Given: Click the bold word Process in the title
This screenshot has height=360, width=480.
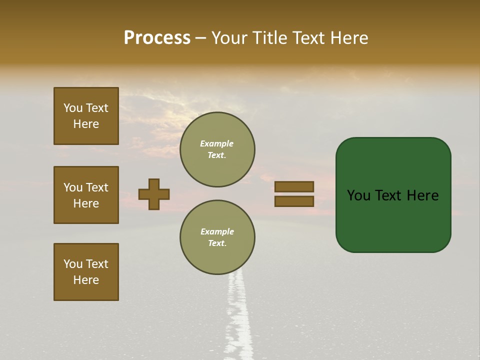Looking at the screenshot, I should pos(157,38).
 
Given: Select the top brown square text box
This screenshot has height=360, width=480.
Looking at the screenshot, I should pos(86,116).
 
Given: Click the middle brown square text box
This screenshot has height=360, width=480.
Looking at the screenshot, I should pos(86,195).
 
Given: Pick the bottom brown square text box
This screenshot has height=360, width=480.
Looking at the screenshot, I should pos(86,272).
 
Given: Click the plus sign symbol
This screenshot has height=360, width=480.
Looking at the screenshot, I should pos(154,194).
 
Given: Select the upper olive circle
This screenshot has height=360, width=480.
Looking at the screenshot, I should pos(217,149).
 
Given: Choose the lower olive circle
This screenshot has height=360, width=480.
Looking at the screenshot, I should pos(217,237).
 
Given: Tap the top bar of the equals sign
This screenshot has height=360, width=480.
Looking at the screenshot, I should pos(294,186).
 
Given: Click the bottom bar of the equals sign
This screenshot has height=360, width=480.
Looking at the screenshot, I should pos(294,201).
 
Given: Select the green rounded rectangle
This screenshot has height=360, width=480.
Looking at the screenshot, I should pos(393,220).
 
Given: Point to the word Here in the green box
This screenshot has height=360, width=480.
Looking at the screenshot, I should pos(422,195).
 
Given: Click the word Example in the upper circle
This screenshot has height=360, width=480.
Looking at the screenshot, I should pos(216,143).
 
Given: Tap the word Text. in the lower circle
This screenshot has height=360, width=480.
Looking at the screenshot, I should pos(217,243).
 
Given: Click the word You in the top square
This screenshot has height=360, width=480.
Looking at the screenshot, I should pos(73,108).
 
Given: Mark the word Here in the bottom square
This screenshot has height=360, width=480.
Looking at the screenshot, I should pos(86,280).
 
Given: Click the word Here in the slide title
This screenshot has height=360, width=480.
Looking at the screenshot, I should pos(349,38).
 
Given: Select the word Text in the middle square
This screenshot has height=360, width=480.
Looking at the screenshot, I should pos(97,187).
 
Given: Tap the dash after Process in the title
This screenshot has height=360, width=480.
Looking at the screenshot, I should pos(200,38).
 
